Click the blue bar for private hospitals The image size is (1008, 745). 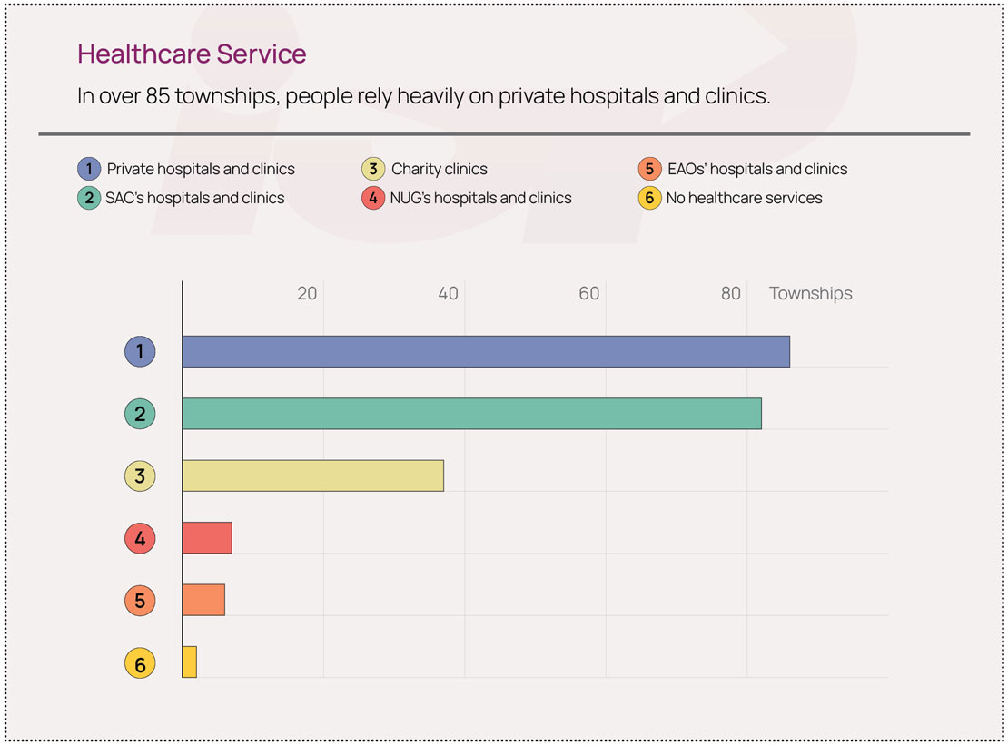(486, 351)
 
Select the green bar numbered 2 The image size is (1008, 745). (472, 414)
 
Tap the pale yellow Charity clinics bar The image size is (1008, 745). (313, 475)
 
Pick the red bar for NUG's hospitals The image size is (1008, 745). (207, 538)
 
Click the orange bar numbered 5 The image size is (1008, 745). (203, 600)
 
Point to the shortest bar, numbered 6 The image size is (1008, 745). (190, 662)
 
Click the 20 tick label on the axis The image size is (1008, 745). (307, 293)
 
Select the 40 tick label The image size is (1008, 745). (448, 293)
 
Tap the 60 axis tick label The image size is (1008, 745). (588, 293)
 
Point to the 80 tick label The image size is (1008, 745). (730, 293)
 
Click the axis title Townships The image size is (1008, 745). (811, 294)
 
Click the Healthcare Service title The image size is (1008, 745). (192, 54)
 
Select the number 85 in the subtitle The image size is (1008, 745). (157, 96)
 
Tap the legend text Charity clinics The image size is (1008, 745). (440, 169)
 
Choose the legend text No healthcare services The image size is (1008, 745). (744, 198)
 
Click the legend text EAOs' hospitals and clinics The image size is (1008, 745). (757, 169)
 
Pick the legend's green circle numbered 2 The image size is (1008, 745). (89, 198)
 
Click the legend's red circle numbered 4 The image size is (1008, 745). (373, 198)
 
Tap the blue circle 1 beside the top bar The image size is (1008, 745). (140, 351)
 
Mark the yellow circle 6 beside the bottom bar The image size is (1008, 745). (140, 663)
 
